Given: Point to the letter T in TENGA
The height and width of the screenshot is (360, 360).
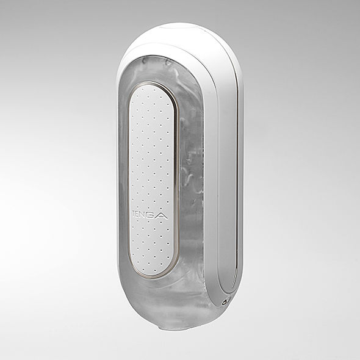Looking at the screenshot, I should click(137, 214).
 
